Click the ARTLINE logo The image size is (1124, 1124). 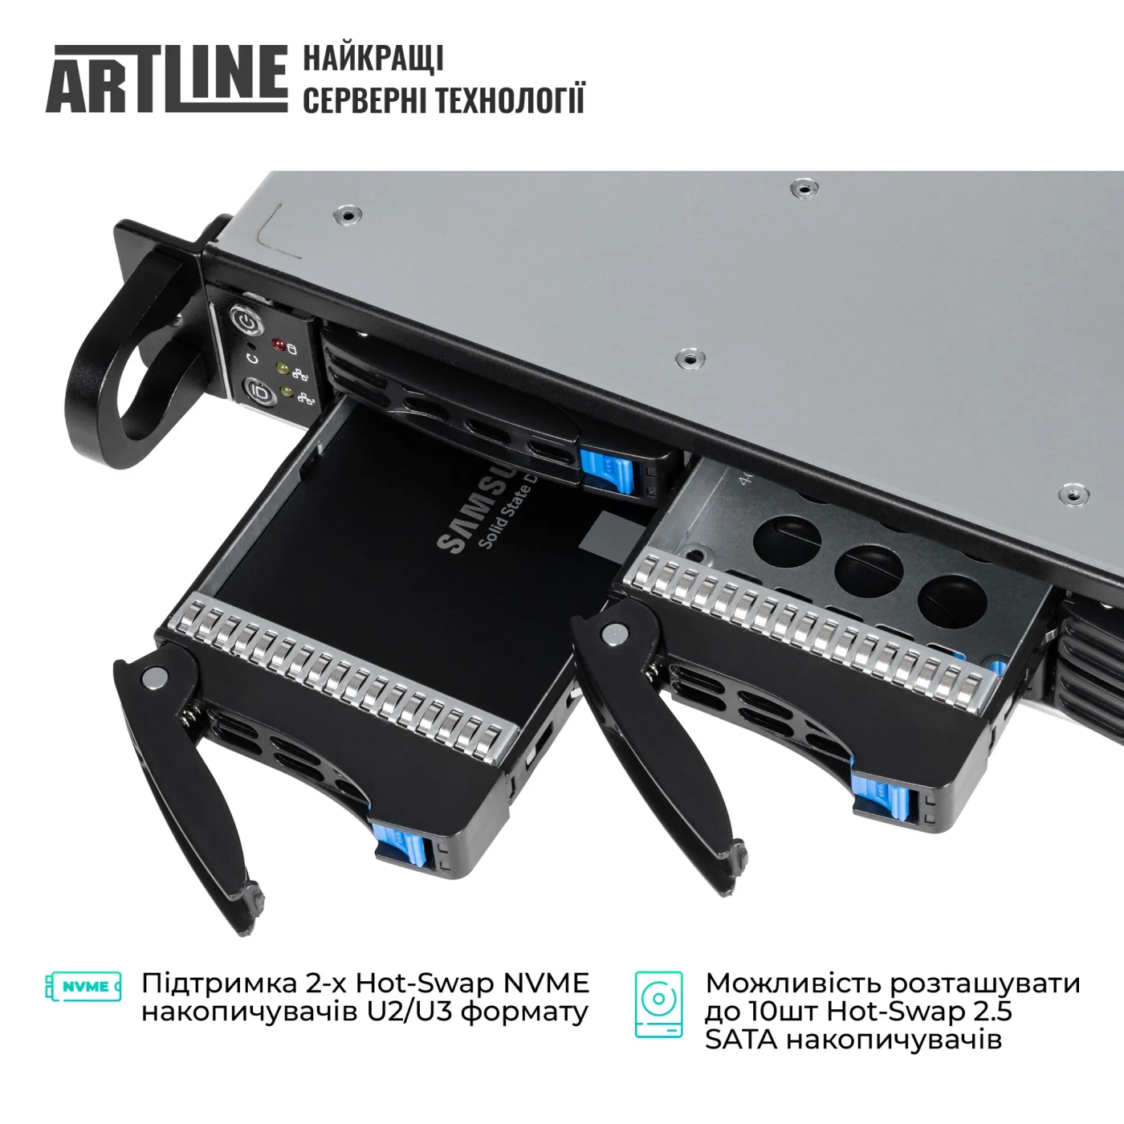[x=166, y=79]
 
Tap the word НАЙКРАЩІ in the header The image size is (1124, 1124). [x=373, y=59]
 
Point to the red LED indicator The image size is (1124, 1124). [x=279, y=346]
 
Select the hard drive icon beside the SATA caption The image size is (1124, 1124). [x=658, y=1004]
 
